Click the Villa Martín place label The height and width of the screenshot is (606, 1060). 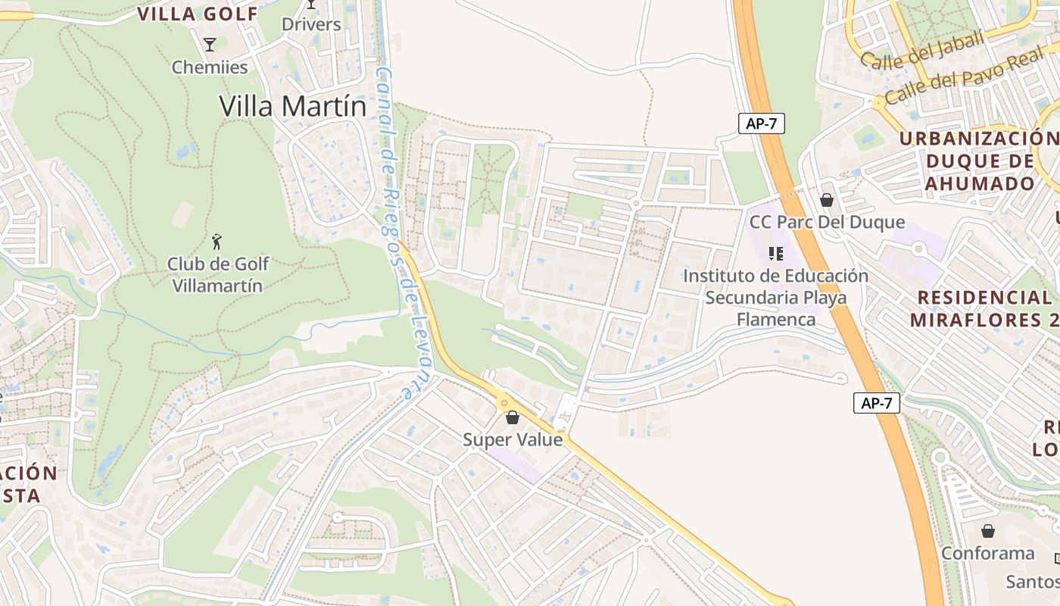[293, 106]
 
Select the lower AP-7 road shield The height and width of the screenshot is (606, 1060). [877, 403]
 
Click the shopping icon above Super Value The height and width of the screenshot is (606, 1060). [513, 417]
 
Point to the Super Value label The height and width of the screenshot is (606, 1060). [513, 439]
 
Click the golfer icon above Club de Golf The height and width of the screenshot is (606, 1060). [217, 242]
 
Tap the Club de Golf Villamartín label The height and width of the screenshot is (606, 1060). [218, 275]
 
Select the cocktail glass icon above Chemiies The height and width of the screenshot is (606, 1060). [210, 45]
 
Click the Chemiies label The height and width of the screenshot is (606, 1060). [210, 67]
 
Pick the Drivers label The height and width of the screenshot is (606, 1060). [311, 24]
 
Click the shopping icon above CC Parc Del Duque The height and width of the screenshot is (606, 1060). [827, 200]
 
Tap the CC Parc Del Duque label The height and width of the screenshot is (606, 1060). [827, 222]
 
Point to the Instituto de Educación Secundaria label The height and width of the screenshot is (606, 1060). [775, 297]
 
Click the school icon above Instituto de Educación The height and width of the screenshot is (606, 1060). [775, 253]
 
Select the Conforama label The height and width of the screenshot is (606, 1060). [987, 553]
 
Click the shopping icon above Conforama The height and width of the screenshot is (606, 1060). [988, 531]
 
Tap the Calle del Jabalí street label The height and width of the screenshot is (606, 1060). [922, 51]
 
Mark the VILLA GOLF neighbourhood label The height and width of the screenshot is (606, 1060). [198, 14]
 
